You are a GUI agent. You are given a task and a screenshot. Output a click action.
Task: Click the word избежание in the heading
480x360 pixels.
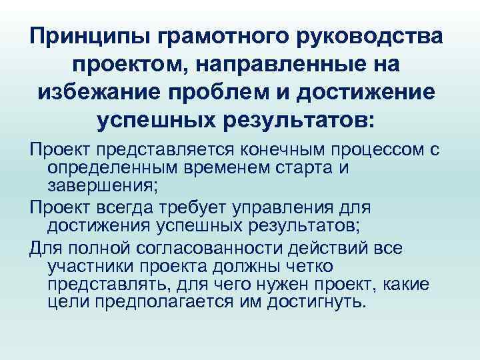(101, 93)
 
